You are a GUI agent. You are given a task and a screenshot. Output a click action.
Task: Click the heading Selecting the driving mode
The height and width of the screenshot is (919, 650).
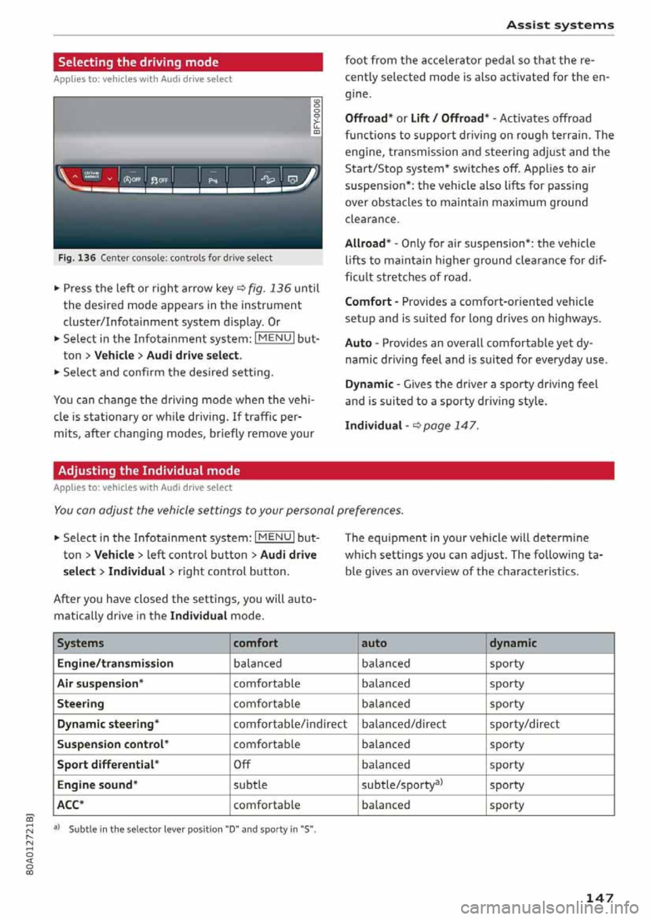click(x=138, y=62)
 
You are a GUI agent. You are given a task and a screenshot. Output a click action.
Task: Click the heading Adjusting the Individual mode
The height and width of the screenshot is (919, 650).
click(x=149, y=470)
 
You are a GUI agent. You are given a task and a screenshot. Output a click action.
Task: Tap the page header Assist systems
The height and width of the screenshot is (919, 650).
click(x=560, y=25)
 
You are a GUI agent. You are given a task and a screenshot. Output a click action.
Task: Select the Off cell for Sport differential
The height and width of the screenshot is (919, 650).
click(x=242, y=764)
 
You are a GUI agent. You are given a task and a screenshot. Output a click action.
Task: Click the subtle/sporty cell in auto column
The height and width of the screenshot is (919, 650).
click(x=402, y=784)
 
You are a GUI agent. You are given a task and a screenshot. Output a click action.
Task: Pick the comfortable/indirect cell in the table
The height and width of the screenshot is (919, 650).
click(x=290, y=723)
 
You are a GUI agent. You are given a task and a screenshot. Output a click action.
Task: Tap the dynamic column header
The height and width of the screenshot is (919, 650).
click(x=513, y=643)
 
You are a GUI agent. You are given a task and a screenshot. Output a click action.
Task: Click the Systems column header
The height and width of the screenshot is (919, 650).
click(x=81, y=643)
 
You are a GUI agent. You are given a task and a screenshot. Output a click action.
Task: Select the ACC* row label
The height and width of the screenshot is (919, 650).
click(x=70, y=805)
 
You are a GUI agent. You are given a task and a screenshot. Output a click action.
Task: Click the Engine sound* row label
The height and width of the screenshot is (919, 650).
click(x=97, y=784)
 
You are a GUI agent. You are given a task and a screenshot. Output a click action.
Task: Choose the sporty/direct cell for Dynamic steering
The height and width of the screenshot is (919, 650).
click(x=524, y=723)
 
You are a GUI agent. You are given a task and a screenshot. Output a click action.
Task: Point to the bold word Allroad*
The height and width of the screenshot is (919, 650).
click(x=368, y=244)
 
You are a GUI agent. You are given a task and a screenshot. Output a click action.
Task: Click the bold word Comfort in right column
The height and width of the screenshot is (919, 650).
click(x=368, y=302)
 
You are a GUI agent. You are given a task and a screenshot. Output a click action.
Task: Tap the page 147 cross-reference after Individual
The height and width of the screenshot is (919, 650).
click(x=450, y=426)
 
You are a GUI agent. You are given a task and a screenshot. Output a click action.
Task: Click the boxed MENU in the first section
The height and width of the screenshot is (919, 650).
click(x=275, y=338)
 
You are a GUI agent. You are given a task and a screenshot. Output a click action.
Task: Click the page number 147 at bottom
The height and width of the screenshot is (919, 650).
click(x=599, y=897)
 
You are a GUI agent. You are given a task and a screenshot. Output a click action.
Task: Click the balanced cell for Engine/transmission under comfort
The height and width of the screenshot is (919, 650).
click(x=257, y=663)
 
